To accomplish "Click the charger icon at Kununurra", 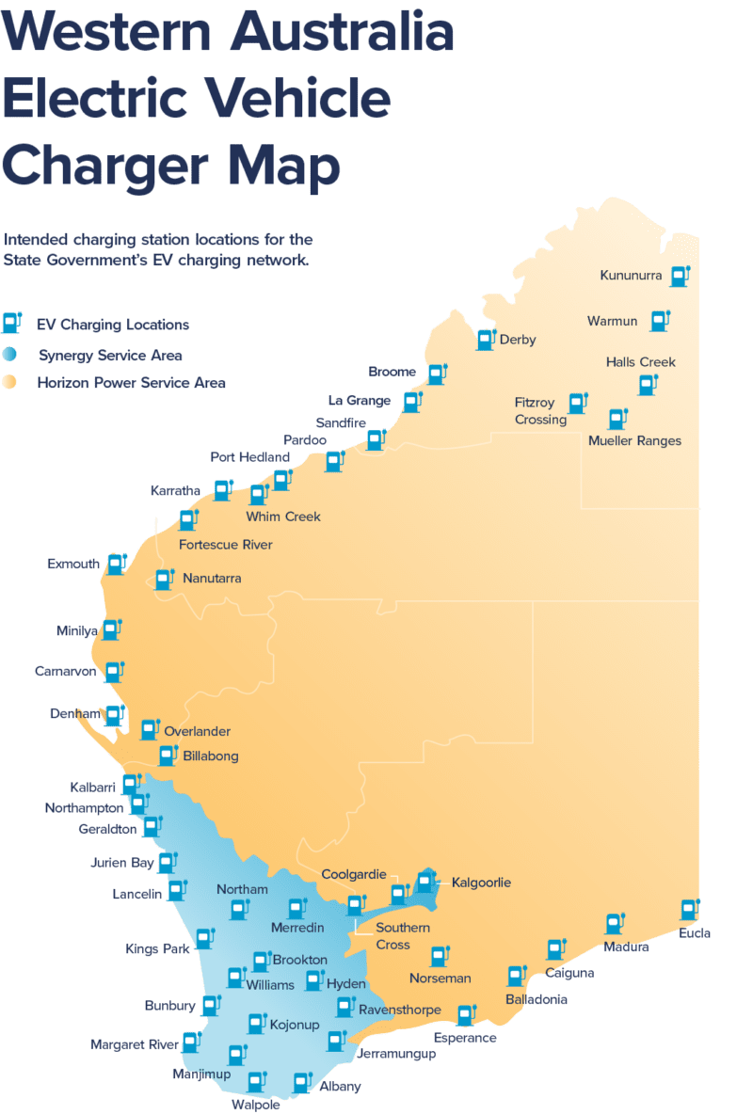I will pos(679,276).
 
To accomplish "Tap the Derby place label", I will pos(518,340).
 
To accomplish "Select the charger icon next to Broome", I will pos(436,374).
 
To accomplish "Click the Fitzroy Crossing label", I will pos(540,411).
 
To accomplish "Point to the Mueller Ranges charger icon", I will pos(617,419).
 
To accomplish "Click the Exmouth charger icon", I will pos(116,564).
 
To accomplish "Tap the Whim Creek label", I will pos(283,517).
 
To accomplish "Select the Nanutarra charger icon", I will pos(164,579).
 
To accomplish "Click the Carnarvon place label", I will pos(66,672).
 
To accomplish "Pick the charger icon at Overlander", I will pos(149,729).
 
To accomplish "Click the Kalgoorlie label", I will pos(481,883).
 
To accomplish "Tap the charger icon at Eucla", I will pos(689,910).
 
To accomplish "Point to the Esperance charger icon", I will pos(465,1015).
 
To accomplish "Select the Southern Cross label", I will pos(403,936).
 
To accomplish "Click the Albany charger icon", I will pos(301,1083).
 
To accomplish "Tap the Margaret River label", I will pos(134,1044).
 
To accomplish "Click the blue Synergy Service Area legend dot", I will pos(9,355).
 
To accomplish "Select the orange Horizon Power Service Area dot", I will pos(9,383).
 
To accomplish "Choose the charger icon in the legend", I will pos(11,324).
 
